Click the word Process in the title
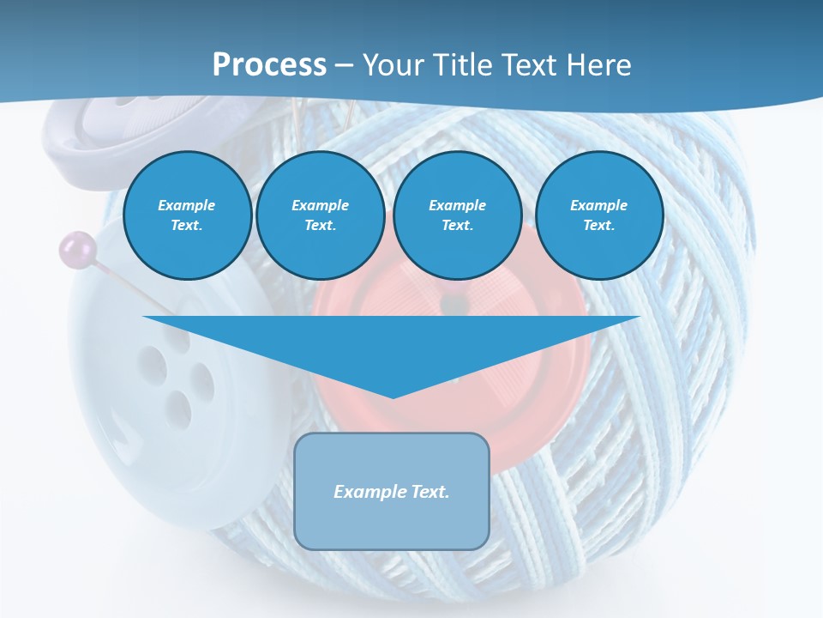[269, 64]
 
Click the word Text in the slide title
[530, 64]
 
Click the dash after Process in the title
[344, 66]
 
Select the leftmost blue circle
[187, 215]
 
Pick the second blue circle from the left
[320, 215]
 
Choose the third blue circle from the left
[457, 215]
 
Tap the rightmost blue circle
[598, 215]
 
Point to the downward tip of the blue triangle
[392, 396]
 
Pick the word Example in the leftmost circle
[187, 205]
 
